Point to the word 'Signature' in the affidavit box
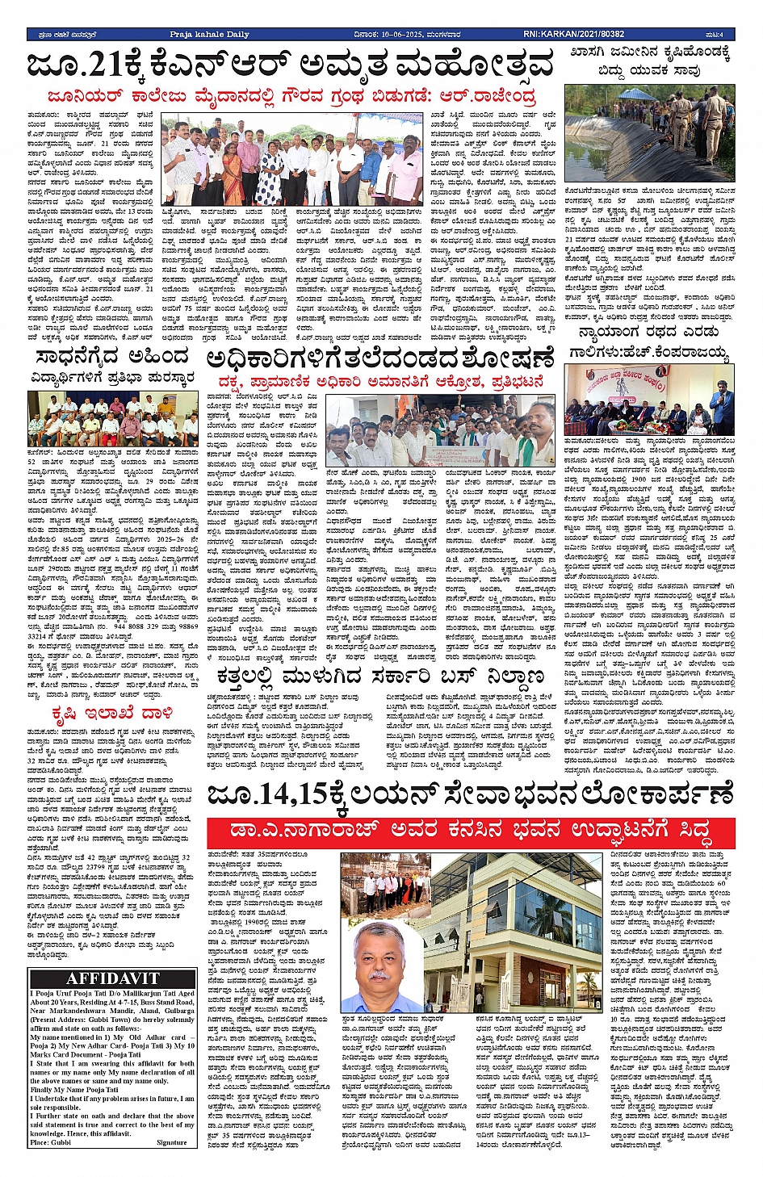171,1142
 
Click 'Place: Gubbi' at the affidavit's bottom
51,1142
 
